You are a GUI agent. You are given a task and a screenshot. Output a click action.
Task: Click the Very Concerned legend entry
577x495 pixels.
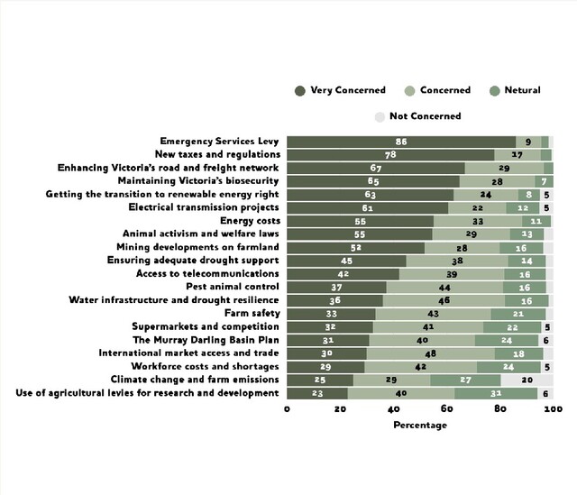(x=340, y=90)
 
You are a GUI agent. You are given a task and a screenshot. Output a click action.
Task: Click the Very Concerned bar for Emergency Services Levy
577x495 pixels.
(x=401, y=142)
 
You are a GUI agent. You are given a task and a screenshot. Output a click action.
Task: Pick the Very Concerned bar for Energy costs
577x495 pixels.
(x=360, y=221)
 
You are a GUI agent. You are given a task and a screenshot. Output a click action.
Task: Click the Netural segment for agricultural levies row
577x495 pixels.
(x=496, y=393)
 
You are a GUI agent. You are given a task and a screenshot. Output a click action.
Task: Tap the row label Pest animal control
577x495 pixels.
(x=233, y=287)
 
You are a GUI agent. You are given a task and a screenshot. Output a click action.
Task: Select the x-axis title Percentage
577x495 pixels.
(x=419, y=425)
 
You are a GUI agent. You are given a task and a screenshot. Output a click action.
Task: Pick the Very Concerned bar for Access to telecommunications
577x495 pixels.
(x=343, y=274)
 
